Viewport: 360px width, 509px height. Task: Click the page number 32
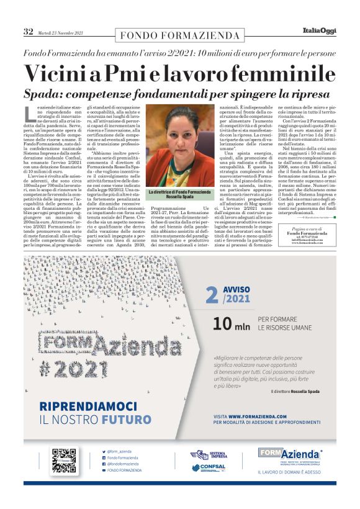pyautogui.click(x=29, y=31)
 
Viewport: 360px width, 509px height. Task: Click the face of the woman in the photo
pyautogui.click(x=181, y=130)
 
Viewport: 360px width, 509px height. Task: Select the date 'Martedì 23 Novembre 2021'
pyautogui.click(x=60, y=32)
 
